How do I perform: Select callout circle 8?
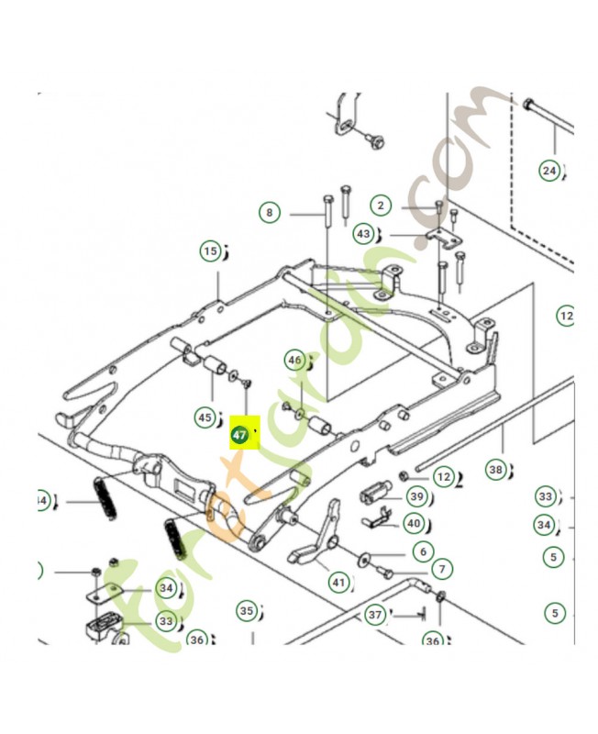pyautogui.click(x=269, y=213)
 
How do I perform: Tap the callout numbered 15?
pyautogui.click(x=211, y=250)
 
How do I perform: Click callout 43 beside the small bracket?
pyautogui.click(x=365, y=234)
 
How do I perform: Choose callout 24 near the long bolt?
pyautogui.click(x=548, y=170)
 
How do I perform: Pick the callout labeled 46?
pyautogui.click(x=293, y=360)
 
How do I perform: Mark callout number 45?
pyautogui.click(x=203, y=417)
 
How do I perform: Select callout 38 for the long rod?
pyautogui.click(x=495, y=470)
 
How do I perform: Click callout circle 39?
pyautogui.click(x=417, y=497)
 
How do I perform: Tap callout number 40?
pyautogui.click(x=415, y=524)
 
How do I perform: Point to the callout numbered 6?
pyautogui.click(x=422, y=551)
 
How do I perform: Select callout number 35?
pyautogui.click(x=245, y=610)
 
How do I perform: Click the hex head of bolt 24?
pyautogui.click(x=528, y=103)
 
